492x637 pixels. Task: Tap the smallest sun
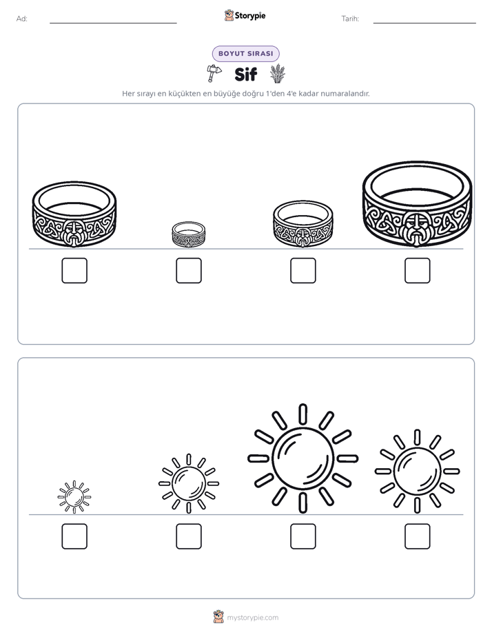pos(74,497)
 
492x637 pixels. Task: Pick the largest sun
pos(303,458)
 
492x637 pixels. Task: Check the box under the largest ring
pos(418,270)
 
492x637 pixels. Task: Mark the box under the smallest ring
pos(189,270)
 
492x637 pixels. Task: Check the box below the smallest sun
pos(74,536)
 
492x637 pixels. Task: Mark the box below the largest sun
pos(303,536)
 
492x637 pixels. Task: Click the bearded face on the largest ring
pos(416,229)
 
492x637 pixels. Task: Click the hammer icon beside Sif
pos(214,72)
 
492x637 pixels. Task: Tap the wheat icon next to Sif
pos(278,74)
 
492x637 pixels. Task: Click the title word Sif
pos(245,74)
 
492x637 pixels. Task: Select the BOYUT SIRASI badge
pos(245,54)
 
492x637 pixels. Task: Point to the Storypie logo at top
pos(245,15)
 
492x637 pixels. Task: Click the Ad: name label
pos(22,19)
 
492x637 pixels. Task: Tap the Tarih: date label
pos(350,19)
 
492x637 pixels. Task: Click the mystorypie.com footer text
pos(252,618)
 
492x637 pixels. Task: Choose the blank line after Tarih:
pos(424,23)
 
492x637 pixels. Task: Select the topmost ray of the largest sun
pos(303,414)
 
